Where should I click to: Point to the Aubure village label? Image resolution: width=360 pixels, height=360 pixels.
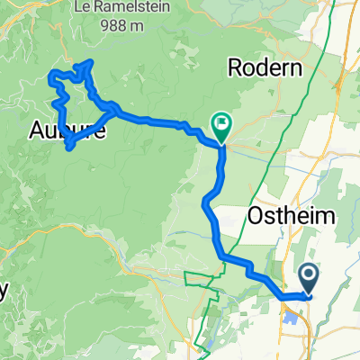pyautogui.click(x=67, y=131)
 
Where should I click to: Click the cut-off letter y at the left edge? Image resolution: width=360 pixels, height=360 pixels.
pyautogui.click(x=4, y=291)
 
